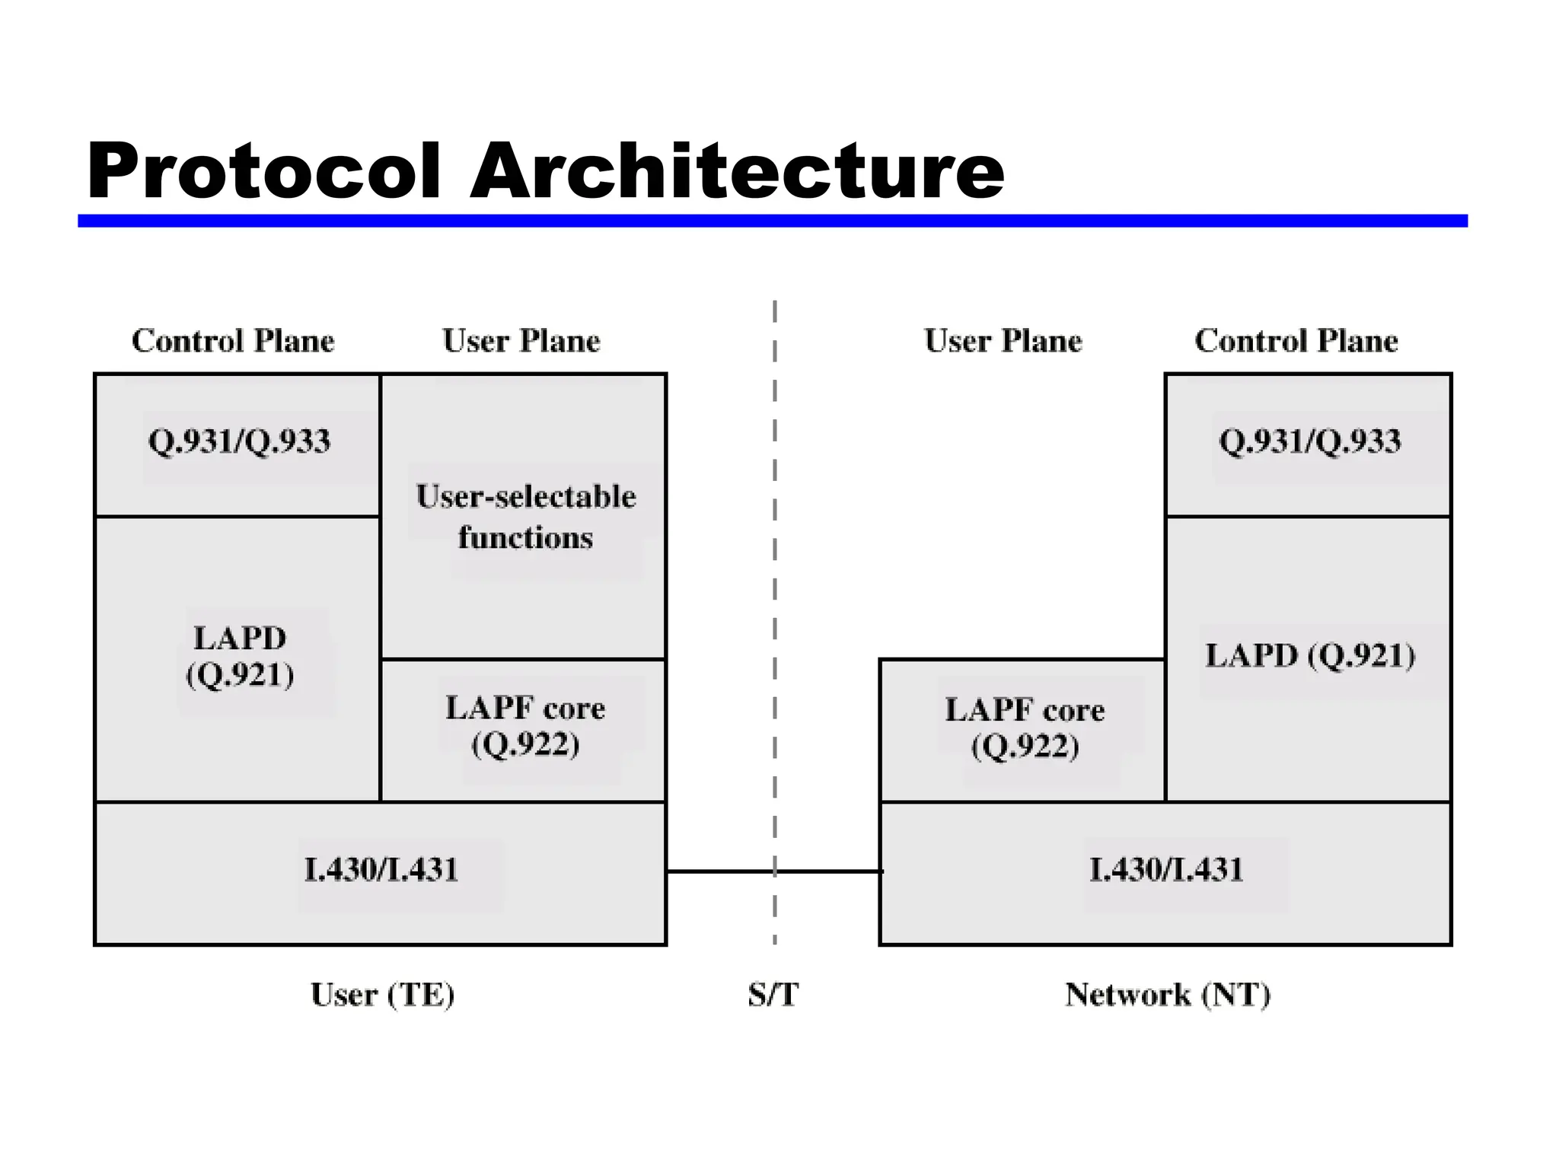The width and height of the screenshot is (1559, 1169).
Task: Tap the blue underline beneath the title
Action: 772,221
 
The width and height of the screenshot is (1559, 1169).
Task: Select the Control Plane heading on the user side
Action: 233,341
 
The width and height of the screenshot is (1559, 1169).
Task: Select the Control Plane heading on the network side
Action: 1296,341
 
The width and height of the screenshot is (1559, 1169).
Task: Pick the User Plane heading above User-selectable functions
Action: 521,341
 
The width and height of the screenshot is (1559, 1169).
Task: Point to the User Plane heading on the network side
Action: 1003,341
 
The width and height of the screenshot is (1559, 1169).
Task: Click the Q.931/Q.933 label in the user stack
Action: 239,441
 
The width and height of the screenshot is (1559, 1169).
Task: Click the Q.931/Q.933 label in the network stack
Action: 1309,441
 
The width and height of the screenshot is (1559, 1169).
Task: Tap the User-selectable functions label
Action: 525,517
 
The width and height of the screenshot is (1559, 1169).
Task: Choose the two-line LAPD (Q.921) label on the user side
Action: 240,656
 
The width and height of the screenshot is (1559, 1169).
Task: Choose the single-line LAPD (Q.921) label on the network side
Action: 1309,656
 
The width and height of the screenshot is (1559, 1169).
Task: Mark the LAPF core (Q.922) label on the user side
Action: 525,725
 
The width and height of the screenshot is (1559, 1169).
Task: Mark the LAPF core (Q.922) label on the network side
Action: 1025,727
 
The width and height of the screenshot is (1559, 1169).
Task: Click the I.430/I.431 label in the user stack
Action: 381,870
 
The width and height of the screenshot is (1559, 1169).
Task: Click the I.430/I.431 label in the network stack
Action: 1165,870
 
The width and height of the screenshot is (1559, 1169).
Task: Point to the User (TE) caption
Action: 382,995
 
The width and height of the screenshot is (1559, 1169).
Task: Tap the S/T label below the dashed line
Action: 773,995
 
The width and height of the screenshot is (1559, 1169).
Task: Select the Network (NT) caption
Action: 1167,995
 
